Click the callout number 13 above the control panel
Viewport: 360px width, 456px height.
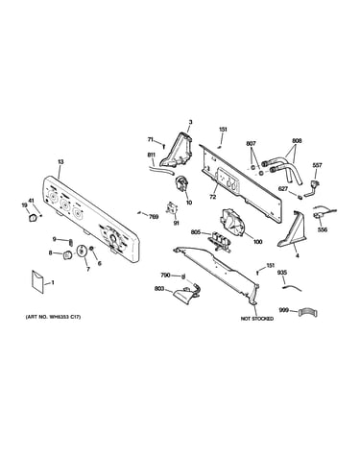(60, 162)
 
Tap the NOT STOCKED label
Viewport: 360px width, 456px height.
(257, 319)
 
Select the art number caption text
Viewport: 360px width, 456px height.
(53, 317)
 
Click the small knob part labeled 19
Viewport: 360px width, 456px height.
(32, 218)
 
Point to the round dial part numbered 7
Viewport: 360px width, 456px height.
(82, 251)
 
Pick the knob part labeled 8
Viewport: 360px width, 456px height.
(67, 255)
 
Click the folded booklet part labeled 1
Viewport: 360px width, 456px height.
(37, 282)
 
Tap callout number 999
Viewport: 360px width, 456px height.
(283, 310)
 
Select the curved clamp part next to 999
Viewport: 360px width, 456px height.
(307, 312)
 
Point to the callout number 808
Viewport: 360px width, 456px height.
(297, 141)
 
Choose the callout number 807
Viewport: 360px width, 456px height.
(252, 144)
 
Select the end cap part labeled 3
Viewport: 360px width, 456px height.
(178, 150)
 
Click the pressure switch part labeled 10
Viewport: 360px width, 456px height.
(181, 184)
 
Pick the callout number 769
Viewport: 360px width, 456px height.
(154, 217)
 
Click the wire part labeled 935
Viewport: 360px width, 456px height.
(292, 288)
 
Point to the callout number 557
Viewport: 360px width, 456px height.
(318, 165)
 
